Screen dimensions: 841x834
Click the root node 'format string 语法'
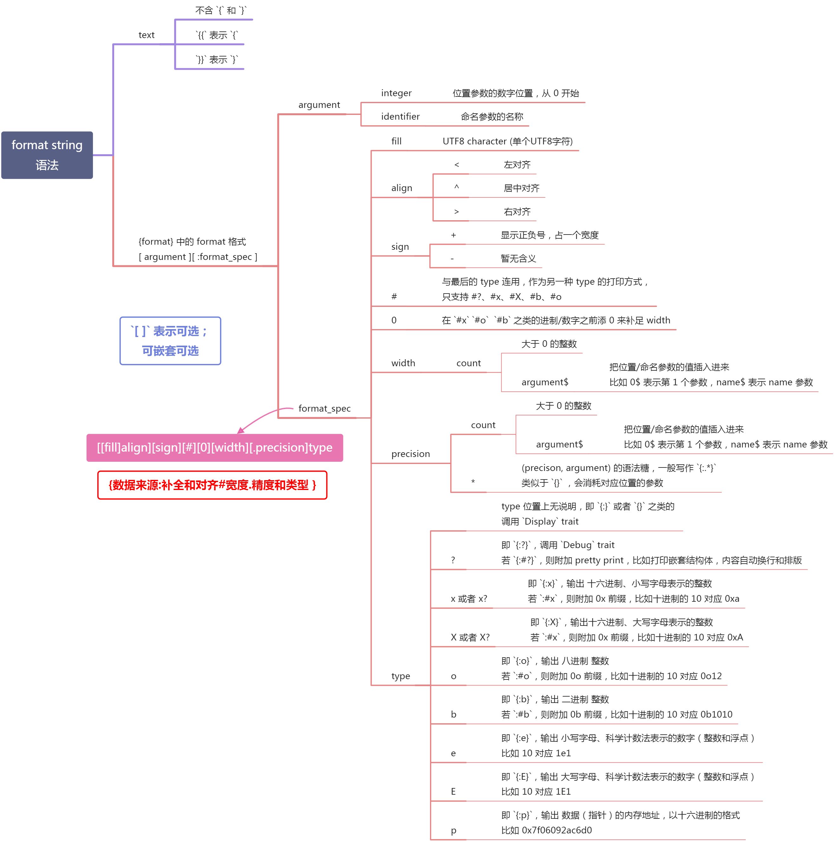47,155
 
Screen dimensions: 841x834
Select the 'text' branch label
146,35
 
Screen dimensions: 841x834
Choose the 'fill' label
396,141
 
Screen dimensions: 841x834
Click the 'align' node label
401,188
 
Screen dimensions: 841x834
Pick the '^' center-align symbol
456,187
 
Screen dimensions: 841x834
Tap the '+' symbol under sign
453,235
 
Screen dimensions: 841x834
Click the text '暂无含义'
518,259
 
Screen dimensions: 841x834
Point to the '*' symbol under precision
473,482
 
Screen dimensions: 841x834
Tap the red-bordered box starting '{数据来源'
212,485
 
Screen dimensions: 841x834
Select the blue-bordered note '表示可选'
170,341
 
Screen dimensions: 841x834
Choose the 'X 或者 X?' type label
470,637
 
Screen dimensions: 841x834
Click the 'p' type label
453,831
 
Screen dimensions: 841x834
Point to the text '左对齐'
517,164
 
